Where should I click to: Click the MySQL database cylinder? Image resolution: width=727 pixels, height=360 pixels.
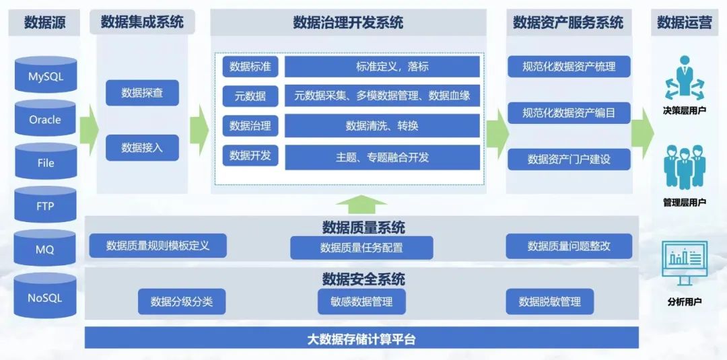click(x=46, y=75)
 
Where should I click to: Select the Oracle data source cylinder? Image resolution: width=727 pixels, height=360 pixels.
click(x=46, y=118)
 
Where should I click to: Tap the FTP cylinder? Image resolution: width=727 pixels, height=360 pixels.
click(x=46, y=205)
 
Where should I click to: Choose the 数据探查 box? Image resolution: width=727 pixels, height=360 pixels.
click(x=142, y=93)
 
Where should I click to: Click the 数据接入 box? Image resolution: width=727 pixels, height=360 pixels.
click(x=142, y=148)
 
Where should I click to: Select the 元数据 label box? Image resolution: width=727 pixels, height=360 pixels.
click(x=250, y=96)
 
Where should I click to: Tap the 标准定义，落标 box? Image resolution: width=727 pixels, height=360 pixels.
click(x=382, y=66)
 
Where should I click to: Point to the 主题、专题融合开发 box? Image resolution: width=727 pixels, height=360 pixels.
click(x=382, y=157)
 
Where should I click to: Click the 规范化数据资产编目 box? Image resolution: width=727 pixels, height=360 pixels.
click(x=569, y=113)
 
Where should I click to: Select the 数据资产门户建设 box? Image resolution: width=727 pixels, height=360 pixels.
click(x=569, y=159)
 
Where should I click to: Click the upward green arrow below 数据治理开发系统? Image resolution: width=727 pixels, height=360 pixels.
click(x=361, y=205)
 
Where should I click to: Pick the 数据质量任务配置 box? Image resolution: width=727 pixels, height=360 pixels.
click(x=361, y=248)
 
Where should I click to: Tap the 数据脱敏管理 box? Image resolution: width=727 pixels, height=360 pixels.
click(x=550, y=301)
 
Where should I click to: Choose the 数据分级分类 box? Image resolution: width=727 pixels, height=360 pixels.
click(x=182, y=301)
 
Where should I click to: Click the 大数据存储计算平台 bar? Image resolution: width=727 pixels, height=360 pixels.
click(x=361, y=338)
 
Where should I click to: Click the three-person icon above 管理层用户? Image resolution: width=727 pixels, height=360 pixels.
click(x=685, y=168)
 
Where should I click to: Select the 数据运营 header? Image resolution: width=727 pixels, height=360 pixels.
click(x=685, y=22)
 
